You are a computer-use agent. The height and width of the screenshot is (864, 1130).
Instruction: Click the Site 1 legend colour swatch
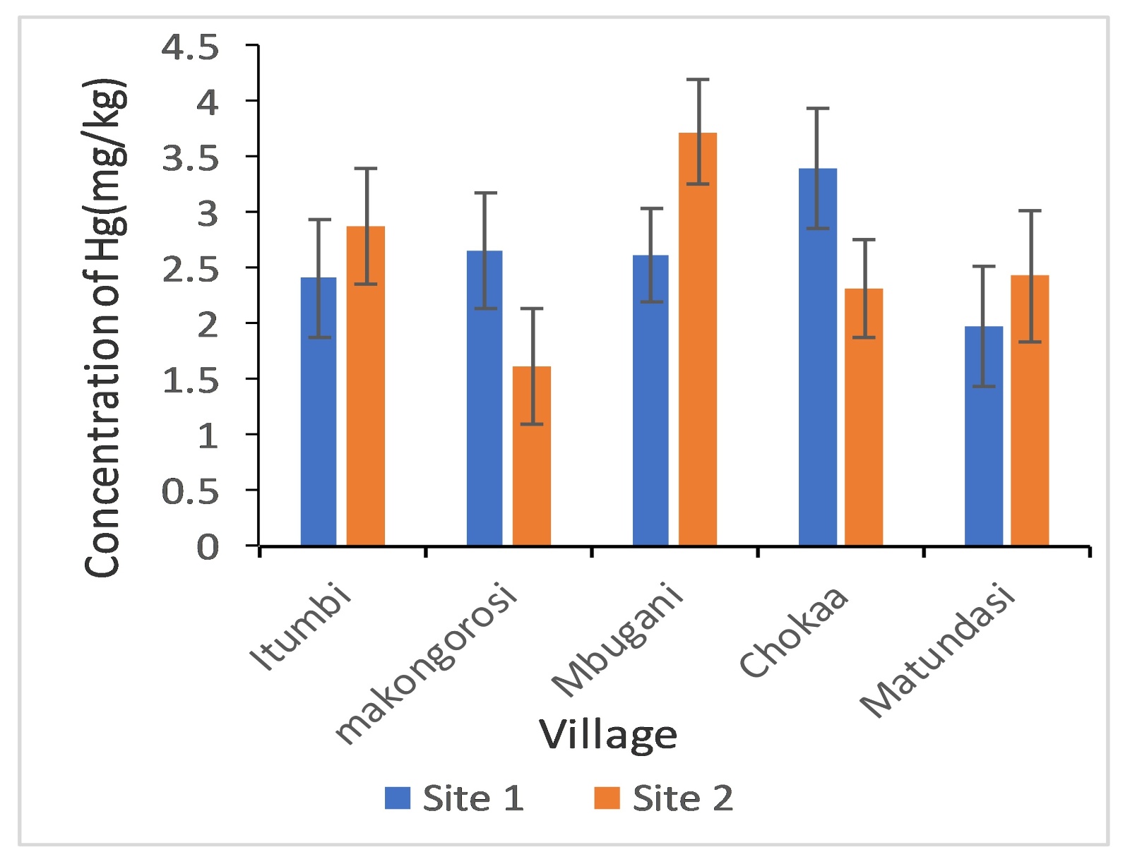click(x=398, y=798)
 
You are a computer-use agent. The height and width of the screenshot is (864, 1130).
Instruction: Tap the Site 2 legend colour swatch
click(x=607, y=798)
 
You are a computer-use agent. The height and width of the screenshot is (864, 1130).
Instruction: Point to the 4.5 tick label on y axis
click(x=191, y=47)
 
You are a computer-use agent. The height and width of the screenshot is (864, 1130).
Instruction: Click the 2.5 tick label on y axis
click(x=191, y=269)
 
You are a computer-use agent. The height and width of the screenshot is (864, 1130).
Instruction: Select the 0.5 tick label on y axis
click(x=191, y=491)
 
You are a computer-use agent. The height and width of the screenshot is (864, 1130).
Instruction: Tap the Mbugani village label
click(x=618, y=639)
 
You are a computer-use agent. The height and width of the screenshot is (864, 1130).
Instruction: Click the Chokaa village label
click(x=794, y=631)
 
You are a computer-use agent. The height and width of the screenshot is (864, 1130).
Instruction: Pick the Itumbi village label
click(x=300, y=628)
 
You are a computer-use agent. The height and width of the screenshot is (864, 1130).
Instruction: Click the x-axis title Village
click(x=608, y=735)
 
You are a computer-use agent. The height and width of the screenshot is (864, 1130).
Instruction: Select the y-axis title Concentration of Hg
click(x=106, y=328)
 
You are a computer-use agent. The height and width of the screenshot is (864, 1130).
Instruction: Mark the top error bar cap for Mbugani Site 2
click(x=698, y=80)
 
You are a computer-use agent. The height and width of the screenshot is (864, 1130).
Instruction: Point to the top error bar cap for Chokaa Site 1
click(x=818, y=109)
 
